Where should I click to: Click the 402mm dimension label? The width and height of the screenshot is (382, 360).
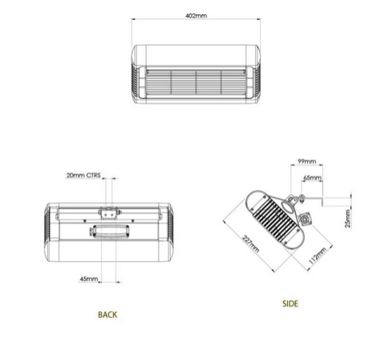(x=196, y=16)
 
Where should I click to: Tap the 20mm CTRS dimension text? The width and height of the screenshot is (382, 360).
(x=84, y=176)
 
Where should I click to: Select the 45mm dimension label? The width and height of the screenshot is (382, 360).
(x=89, y=279)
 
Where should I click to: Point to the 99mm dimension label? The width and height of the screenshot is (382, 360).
(x=307, y=161)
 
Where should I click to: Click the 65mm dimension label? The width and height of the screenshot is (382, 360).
(x=313, y=177)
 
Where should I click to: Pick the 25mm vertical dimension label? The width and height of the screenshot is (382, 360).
(x=348, y=219)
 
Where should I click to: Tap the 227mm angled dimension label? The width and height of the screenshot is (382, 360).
(x=250, y=243)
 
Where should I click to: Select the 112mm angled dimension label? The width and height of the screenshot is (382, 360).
(x=317, y=255)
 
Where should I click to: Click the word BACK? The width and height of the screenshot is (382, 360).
(x=108, y=315)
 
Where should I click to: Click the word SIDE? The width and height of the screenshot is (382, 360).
(x=290, y=303)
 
